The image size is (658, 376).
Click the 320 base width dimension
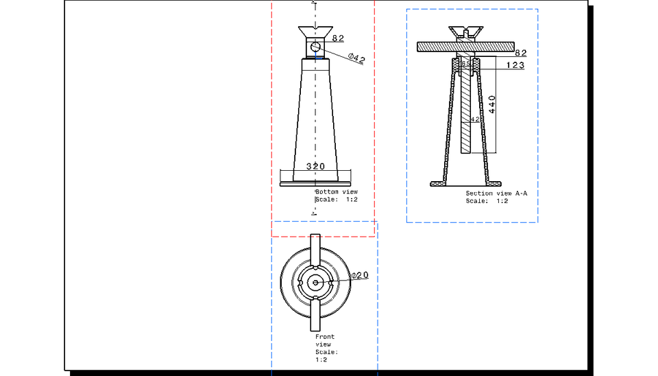(315, 167)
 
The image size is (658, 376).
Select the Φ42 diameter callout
(356, 58)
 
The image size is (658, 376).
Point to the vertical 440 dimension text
(491, 104)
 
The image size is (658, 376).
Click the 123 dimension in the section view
(515, 65)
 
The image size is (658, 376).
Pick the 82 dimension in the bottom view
(338, 38)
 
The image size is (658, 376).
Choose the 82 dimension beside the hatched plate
(520, 53)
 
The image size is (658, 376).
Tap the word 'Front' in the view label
(325, 337)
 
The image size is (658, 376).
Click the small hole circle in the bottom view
(315, 47)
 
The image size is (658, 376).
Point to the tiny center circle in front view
(315, 282)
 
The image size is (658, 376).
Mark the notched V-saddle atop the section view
(465, 32)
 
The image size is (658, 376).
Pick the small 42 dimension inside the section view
(475, 119)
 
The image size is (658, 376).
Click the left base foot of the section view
(438, 183)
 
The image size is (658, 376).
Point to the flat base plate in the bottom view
(315, 183)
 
